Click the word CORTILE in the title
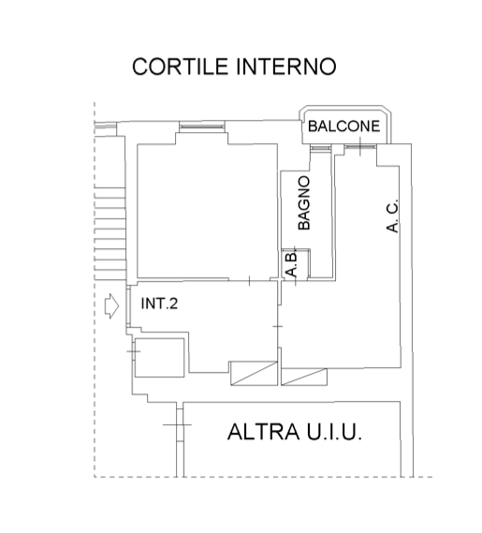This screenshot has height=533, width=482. click(180, 67)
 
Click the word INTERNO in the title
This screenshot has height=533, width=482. click(286, 67)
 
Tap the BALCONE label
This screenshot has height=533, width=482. click(343, 126)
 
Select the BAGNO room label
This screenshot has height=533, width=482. click(304, 203)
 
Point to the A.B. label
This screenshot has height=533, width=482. click(292, 264)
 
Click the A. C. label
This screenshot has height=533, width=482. click(392, 215)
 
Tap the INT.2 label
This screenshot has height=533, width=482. click(159, 304)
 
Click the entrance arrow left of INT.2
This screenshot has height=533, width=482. click(111, 306)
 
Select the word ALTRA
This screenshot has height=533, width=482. click(264, 432)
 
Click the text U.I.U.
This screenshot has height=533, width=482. click(334, 432)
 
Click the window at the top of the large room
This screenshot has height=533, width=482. click(202, 126)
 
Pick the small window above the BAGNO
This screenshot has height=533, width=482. click(320, 148)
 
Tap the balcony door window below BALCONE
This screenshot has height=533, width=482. click(360, 147)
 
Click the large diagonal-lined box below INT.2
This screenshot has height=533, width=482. click(254, 373)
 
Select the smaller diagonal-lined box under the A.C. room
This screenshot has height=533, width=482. click(304, 377)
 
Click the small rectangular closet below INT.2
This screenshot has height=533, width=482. click(160, 358)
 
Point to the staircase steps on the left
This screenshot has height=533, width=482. click(110, 233)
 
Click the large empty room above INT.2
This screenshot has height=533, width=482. click(207, 211)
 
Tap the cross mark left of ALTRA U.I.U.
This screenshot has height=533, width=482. click(177, 425)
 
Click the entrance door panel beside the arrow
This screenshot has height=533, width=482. click(128, 306)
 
